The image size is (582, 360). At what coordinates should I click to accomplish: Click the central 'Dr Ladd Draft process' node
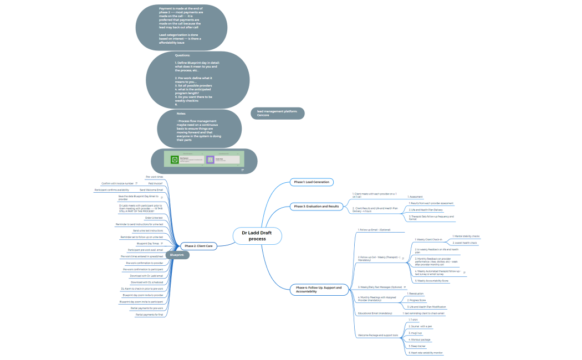click(257, 236)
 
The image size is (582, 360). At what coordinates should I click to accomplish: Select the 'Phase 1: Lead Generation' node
click(312, 182)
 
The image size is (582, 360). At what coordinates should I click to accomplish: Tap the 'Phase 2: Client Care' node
click(199, 245)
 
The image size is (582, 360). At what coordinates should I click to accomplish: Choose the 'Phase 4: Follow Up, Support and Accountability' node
click(319, 289)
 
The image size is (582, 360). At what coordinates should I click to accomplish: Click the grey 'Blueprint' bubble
click(177, 255)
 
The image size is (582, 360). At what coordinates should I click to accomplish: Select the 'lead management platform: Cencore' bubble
click(277, 113)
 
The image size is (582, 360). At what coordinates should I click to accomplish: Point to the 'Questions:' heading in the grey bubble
click(182, 55)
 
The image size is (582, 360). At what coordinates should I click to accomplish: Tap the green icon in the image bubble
click(175, 160)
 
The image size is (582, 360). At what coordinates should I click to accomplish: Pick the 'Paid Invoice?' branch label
click(155, 183)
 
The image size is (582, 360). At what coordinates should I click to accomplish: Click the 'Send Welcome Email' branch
click(151, 189)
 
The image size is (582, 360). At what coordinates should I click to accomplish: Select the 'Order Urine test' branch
click(154, 218)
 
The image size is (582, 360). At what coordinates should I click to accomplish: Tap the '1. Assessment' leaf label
click(416, 196)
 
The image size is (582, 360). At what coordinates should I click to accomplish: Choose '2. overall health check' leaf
click(464, 243)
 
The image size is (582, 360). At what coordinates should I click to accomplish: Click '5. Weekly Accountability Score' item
click(432, 281)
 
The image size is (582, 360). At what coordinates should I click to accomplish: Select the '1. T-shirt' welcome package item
click(413, 320)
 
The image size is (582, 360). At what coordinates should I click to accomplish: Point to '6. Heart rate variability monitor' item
click(425, 352)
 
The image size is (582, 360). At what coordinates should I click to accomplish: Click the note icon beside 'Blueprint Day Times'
click(161, 243)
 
